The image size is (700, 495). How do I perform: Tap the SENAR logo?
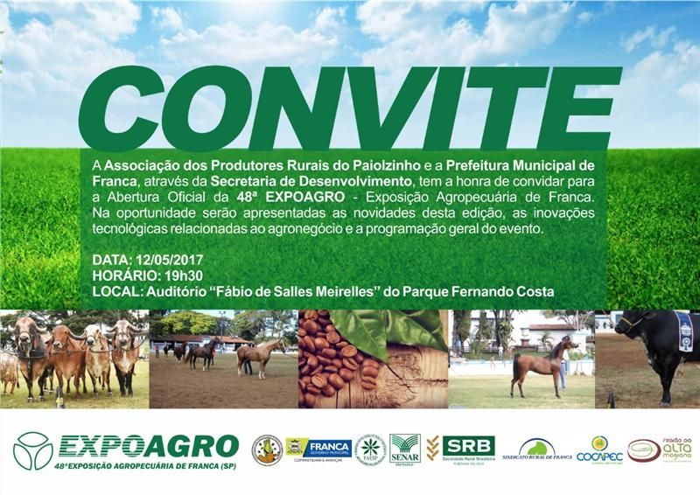(x=404, y=449)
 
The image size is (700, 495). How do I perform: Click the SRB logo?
(x=467, y=449)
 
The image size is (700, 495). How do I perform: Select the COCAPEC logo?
(x=599, y=450)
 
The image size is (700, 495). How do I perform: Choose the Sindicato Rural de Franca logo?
(x=539, y=450)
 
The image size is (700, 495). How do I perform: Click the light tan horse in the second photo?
(x=258, y=355)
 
